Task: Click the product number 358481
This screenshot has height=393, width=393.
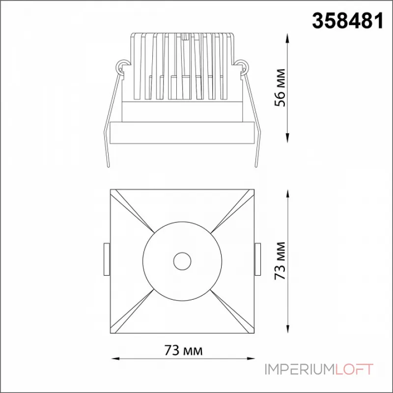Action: coord(348,21)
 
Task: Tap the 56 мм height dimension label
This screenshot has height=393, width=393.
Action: coord(280,87)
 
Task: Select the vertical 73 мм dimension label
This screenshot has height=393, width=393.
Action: coord(280,261)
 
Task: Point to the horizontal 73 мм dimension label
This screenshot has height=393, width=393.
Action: coord(183,350)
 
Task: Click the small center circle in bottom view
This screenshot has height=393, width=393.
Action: coord(182,261)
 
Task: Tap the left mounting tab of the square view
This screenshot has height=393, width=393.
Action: coord(107,259)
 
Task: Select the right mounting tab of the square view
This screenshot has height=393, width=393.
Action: coord(257,259)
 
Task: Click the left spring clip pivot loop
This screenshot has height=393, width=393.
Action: coord(122,66)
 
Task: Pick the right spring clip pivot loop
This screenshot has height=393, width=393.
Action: coord(242,66)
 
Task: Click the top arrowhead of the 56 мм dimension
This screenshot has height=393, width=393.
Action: coord(288,39)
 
